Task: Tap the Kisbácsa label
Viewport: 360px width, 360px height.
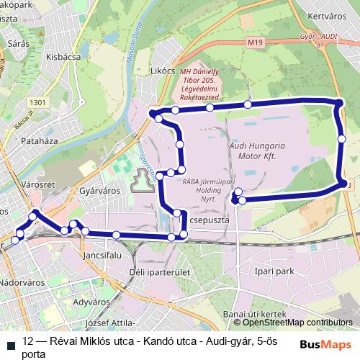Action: point(61,55)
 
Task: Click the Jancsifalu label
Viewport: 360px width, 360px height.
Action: point(100,255)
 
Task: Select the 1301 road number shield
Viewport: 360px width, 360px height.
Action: point(39,102)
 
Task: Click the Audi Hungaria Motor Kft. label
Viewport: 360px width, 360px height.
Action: point(257,150)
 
